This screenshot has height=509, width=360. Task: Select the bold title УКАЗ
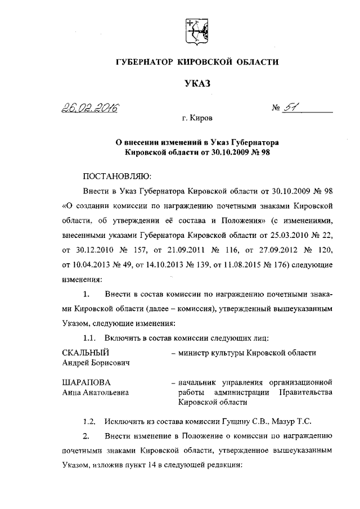pos(197,84)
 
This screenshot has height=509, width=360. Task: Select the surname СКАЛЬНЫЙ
pos(85,353)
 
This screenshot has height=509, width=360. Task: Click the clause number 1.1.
pos(89,337)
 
